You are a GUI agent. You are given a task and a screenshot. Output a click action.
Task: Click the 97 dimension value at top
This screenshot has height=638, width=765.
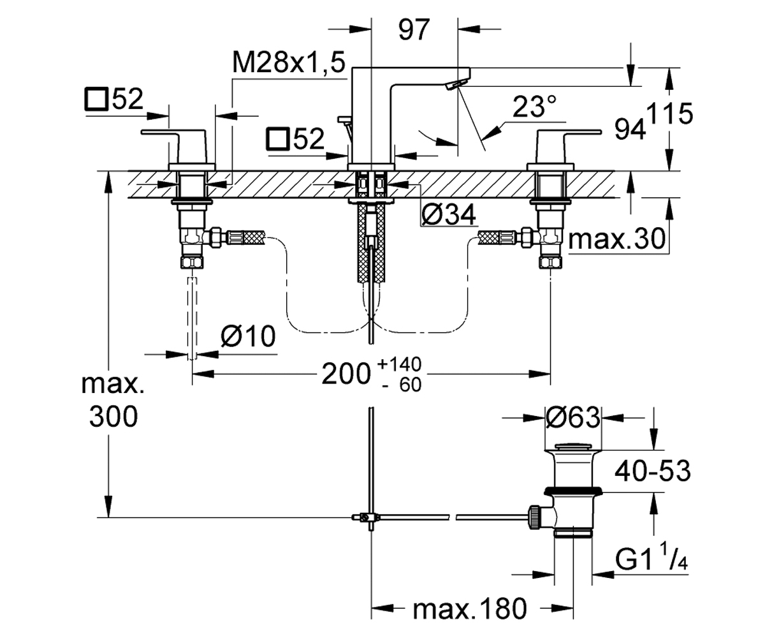point(414,30)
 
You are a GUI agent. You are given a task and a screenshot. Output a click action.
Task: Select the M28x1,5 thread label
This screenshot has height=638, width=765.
point(289,62)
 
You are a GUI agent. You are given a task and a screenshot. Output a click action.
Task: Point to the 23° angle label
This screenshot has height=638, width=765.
point(534,107)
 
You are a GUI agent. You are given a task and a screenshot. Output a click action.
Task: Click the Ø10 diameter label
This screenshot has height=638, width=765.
point(248,336)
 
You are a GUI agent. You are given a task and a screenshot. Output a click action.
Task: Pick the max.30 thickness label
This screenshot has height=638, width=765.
point(616,239)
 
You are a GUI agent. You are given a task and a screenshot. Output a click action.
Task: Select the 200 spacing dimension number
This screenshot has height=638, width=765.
point(346,375)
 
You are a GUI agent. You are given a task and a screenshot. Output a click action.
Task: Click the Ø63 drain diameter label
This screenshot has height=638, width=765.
point(573,417)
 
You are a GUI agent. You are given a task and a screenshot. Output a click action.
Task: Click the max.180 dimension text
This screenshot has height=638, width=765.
point(470,608)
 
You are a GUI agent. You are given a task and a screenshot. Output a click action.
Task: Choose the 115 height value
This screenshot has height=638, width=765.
point(670,114)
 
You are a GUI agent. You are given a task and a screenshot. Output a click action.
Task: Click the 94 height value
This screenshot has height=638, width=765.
point(630,129)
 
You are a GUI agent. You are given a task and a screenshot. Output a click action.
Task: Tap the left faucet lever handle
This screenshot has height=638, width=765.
point(173,146)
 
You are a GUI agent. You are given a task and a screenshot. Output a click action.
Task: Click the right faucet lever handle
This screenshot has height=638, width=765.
point(569,146)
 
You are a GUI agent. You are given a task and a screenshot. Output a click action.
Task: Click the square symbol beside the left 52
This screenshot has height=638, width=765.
point(96,99)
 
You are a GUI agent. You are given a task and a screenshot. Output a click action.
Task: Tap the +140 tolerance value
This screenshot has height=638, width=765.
point(399,364)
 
